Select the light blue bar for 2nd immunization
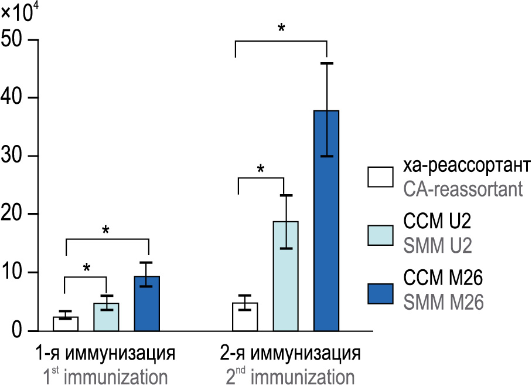285,276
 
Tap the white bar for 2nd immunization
245,316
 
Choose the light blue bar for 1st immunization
106,317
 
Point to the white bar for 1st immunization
66,323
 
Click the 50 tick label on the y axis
14,40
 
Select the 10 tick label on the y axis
14,272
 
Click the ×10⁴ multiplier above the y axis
16,12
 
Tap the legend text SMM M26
444,303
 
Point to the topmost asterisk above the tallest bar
281,28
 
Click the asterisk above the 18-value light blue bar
261,169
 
